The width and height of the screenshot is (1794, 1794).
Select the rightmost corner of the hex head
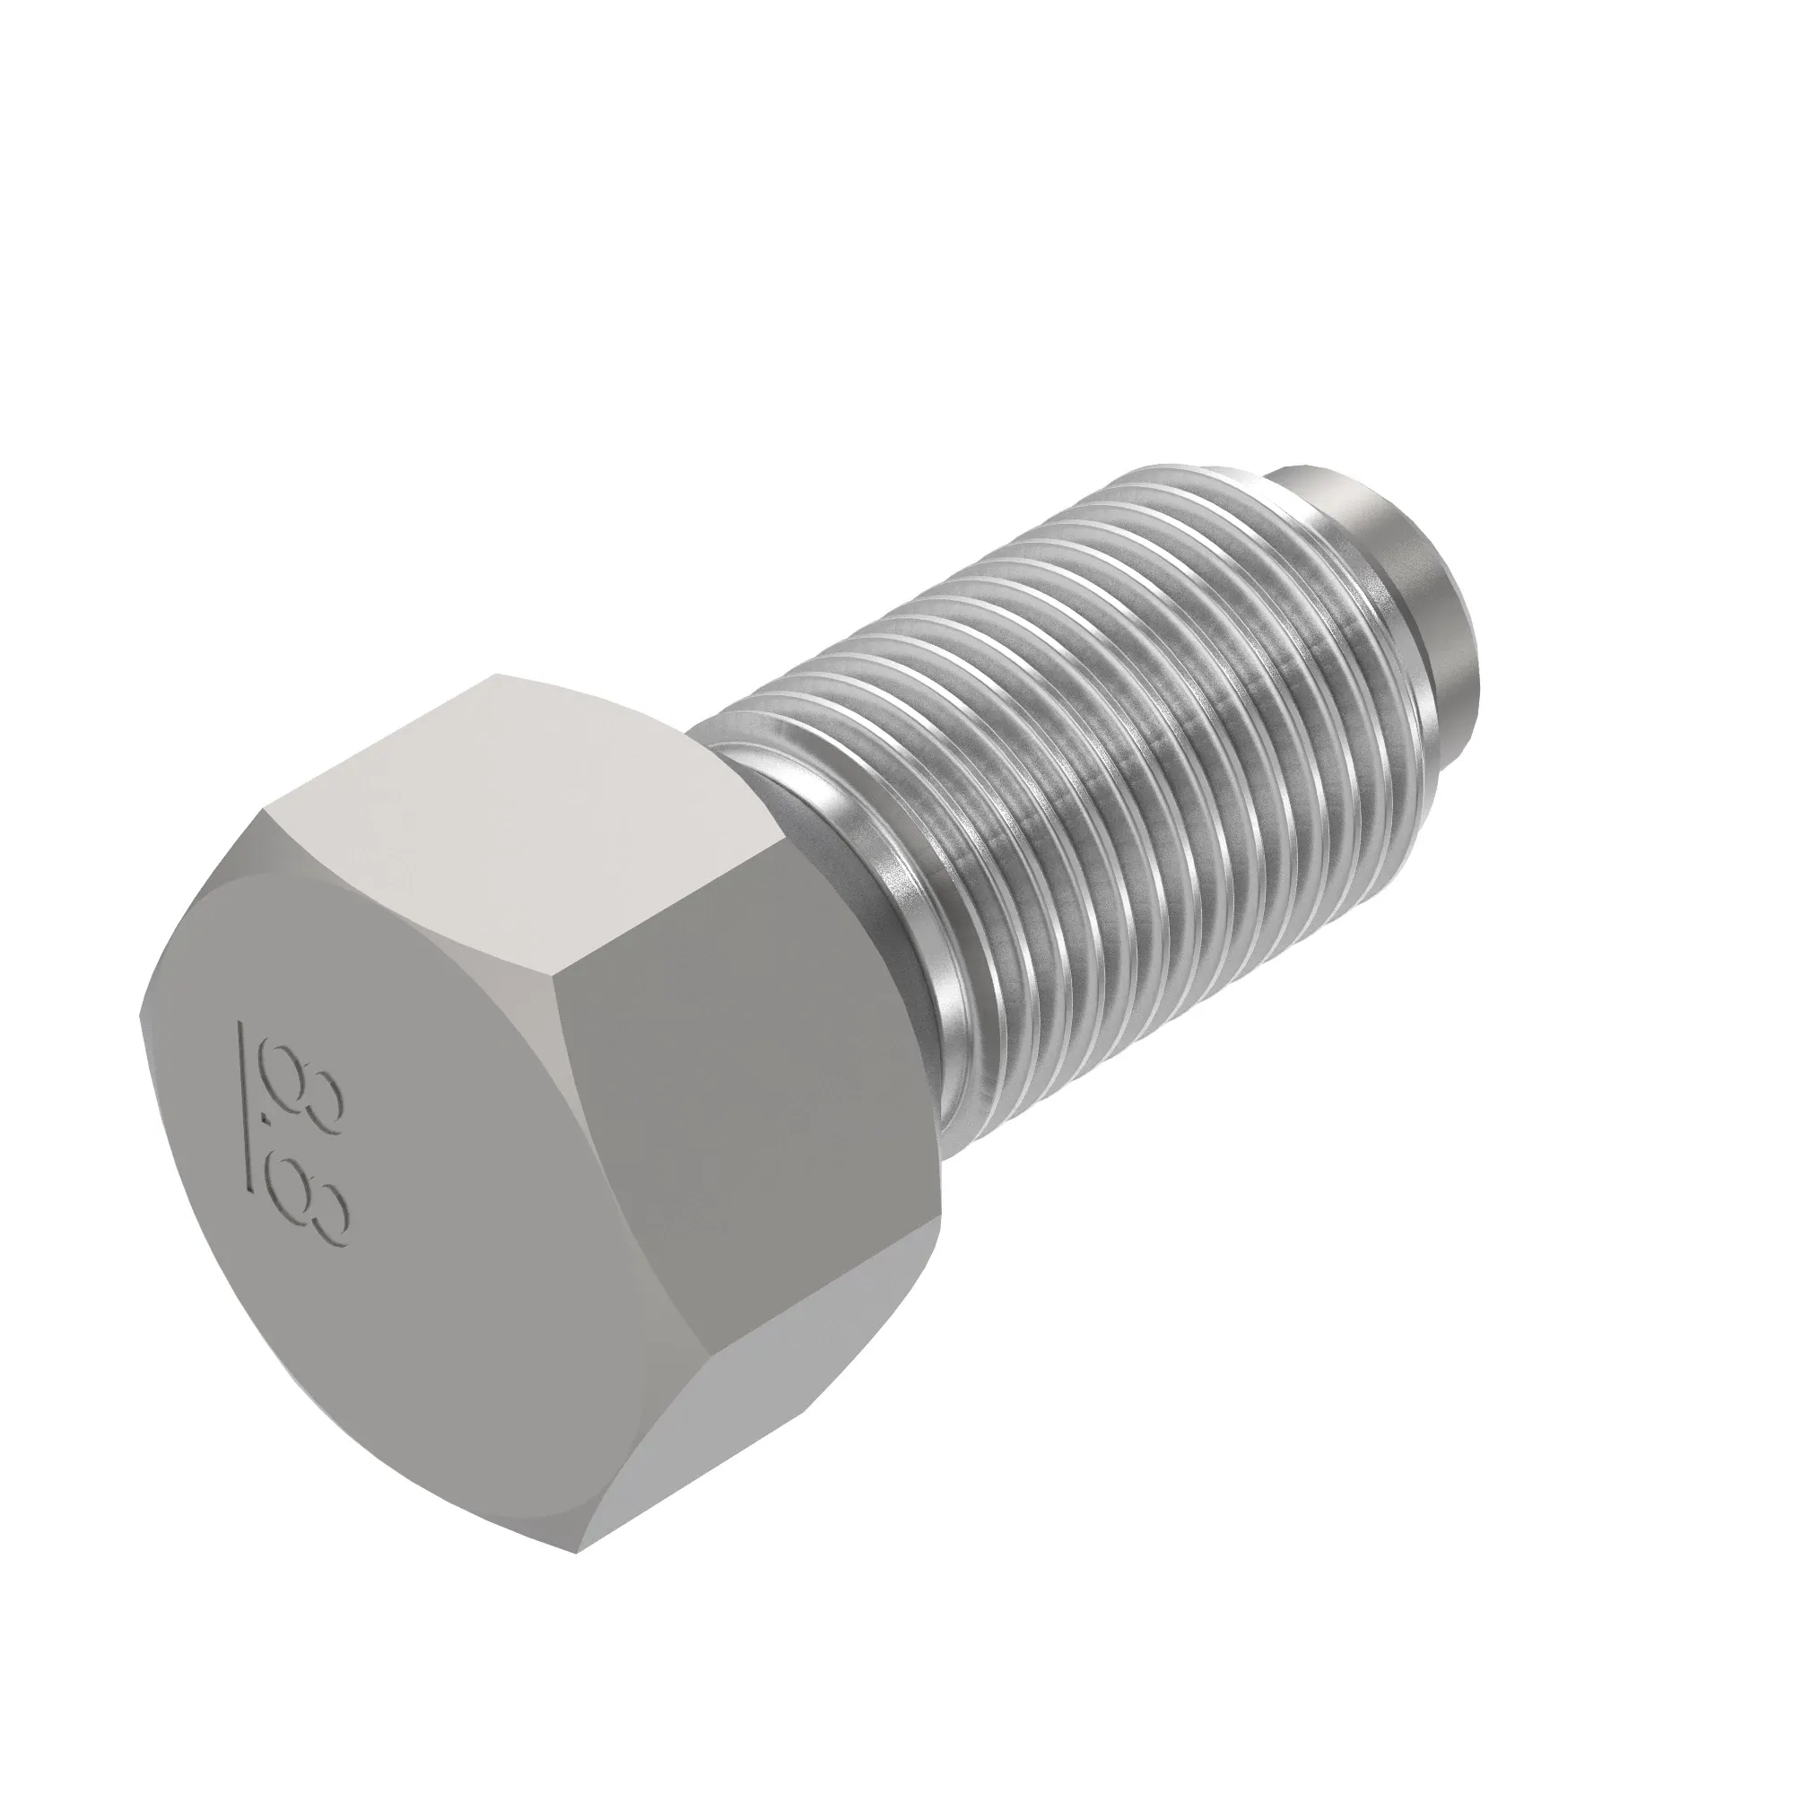[943, 1197]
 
